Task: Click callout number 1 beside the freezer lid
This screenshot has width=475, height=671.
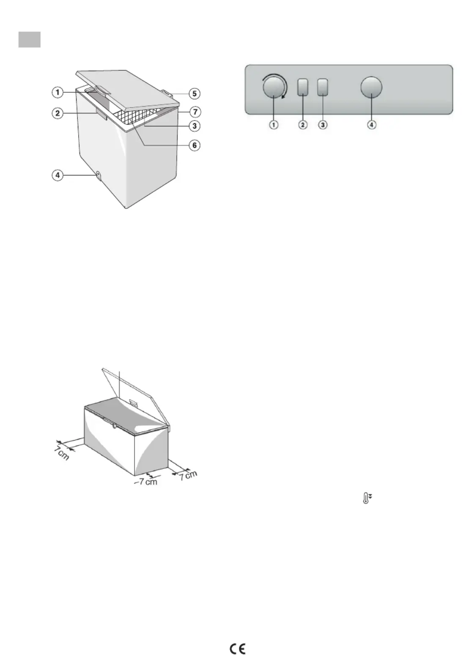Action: [x=58, y=92]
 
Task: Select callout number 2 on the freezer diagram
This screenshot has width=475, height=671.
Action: [x=58, y=113]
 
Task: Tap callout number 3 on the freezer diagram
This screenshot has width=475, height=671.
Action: [x=195, y=126]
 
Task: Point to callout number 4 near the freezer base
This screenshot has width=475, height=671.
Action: [x=58, y=175]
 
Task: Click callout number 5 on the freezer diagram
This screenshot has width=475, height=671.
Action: [x=195, y=93]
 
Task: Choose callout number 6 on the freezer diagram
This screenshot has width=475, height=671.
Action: [x=195, y=145]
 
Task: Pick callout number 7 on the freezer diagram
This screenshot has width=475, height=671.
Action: [x=195, y=112]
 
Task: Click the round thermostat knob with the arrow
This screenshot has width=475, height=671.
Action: [x=274, y=87]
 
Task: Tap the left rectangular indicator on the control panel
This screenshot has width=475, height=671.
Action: [x=303, y=87]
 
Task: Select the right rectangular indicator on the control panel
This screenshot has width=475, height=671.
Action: [x=322, y=87]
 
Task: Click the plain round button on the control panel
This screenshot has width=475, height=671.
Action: [x=371, y=87]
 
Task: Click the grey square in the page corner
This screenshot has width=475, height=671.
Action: [x=29, y=39]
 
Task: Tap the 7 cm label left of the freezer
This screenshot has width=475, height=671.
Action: [x=62, y=454]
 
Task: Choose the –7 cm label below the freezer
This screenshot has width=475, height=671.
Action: [x=146, y=482]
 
